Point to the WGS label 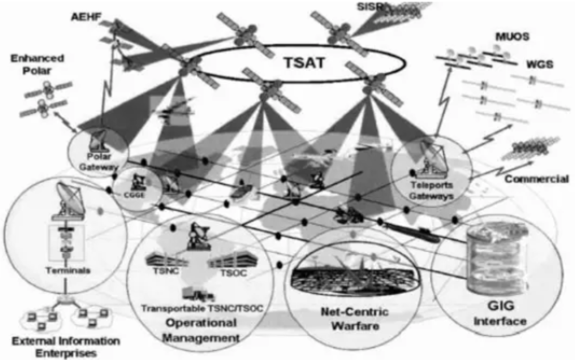click(539, 65)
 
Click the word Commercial click(536, 179)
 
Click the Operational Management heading click(201, 330)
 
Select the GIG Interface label click(500, 313)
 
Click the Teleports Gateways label click(431, 190)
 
